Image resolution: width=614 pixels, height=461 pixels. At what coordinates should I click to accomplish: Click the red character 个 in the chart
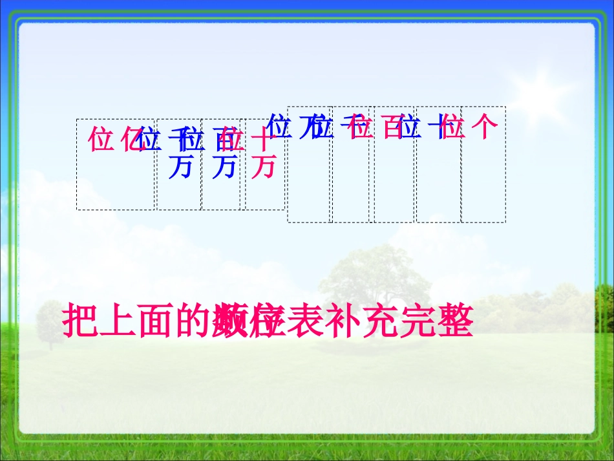pyautogui.click(x=485, y=127)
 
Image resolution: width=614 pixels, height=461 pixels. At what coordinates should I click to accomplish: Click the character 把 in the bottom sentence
pyautogui.click(x=79, y=322)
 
